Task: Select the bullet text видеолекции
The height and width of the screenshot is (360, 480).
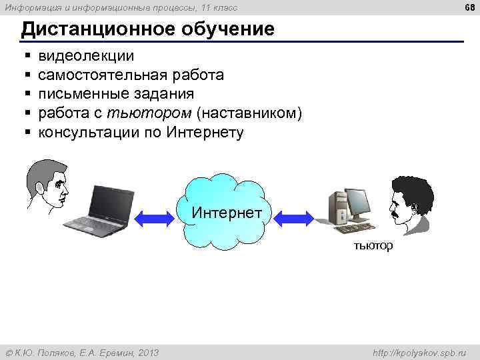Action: click(86, 55)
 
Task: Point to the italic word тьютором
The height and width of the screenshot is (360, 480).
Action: click(153, 113)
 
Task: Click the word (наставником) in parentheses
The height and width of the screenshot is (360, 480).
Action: click(247, 113)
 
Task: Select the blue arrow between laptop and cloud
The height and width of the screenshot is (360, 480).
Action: click(155, 217)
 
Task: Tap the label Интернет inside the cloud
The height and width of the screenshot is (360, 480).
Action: click(227, 213)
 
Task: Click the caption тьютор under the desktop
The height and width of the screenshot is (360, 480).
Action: click(373, 246)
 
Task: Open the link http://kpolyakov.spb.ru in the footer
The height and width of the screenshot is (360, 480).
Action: click(422, 352)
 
